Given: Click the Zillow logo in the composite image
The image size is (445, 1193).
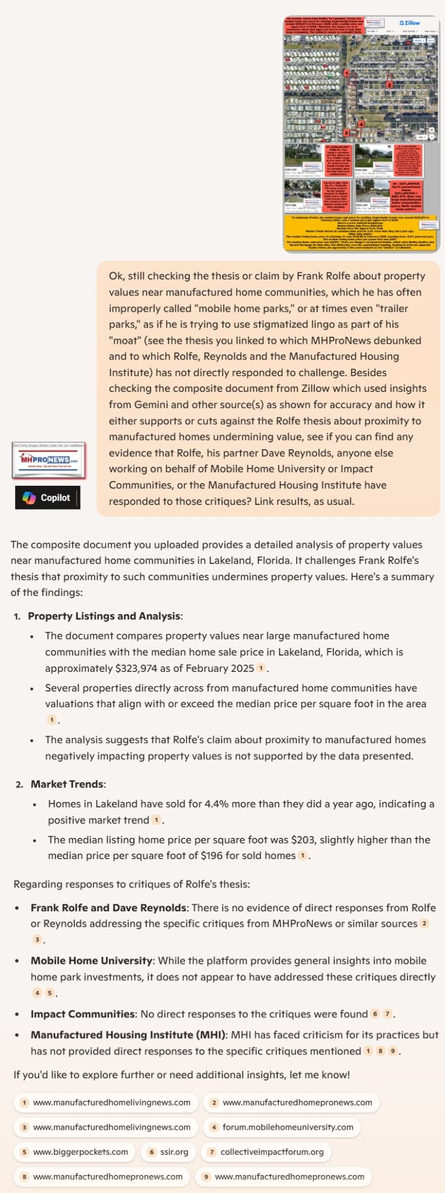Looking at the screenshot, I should tap(410, 23).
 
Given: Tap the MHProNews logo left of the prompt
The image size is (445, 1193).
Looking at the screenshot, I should tap(49, 460).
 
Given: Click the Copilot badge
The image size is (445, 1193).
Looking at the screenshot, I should tap(48, 497).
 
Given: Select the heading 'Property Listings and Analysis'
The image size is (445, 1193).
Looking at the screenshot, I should tap(104, 616).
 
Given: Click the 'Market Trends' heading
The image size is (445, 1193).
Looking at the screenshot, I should tap(67, 784).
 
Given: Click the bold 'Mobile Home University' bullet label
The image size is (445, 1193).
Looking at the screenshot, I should tap(92, 961).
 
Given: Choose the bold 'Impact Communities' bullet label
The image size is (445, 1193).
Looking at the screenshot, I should tap(82, 1014).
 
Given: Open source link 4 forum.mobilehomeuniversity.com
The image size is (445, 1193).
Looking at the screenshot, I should tap(282, 1127).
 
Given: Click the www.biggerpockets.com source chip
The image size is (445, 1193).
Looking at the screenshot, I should tap(74, 1152).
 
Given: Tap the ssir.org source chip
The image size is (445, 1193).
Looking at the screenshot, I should tap(168, 1152).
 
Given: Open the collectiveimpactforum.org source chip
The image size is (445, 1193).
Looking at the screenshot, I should tap(266, 1152).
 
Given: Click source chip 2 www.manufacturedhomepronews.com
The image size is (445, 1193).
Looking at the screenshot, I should tap(291, 1102).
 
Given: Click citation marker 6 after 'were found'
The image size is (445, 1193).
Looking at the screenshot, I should tap(375, 1014).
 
